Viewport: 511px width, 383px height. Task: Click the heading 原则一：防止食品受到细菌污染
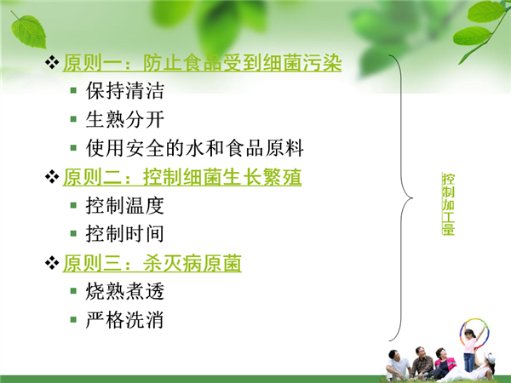202,62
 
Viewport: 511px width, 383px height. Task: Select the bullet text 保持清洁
125,90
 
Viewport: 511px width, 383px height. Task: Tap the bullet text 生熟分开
125,119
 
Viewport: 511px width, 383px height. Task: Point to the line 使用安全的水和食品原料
194,148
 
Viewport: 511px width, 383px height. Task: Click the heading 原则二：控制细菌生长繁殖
182,177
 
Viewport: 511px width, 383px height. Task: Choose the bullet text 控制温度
125,205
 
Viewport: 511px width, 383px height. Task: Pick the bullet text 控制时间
125,234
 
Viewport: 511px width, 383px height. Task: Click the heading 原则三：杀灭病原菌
152,263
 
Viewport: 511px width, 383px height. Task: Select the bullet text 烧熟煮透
125,291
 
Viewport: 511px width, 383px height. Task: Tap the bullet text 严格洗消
125,320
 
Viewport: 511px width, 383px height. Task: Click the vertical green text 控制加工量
448,204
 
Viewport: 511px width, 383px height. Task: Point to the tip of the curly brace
412,197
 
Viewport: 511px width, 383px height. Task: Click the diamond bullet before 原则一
52,62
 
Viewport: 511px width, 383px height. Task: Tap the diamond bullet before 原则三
52,262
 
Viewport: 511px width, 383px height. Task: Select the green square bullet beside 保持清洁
73,90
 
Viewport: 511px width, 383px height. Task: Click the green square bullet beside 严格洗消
73,319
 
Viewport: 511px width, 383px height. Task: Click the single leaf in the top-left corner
29,31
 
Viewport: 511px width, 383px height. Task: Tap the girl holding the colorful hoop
469,348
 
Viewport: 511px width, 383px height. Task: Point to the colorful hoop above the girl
474,332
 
